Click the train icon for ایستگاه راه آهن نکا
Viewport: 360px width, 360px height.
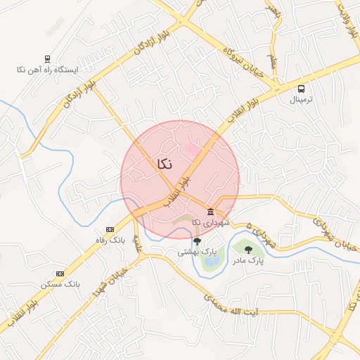pos(47,59)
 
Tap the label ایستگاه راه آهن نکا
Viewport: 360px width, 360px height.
pos(48,70)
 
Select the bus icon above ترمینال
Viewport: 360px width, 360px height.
pos(302,89)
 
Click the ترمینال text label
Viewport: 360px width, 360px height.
pos(302,100)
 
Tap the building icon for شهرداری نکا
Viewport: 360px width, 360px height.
pos(210,212)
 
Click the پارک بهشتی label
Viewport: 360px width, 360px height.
pos(196,251)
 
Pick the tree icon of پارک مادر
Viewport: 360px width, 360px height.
pos(247,249)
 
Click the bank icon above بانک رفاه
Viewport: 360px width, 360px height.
pos(110,229)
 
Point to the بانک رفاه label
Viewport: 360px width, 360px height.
pos(110,240)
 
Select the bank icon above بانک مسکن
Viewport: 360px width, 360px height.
pos(60,274)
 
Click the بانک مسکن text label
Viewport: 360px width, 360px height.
pos(60,284)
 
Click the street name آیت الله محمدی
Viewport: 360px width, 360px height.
pos(231,303)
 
